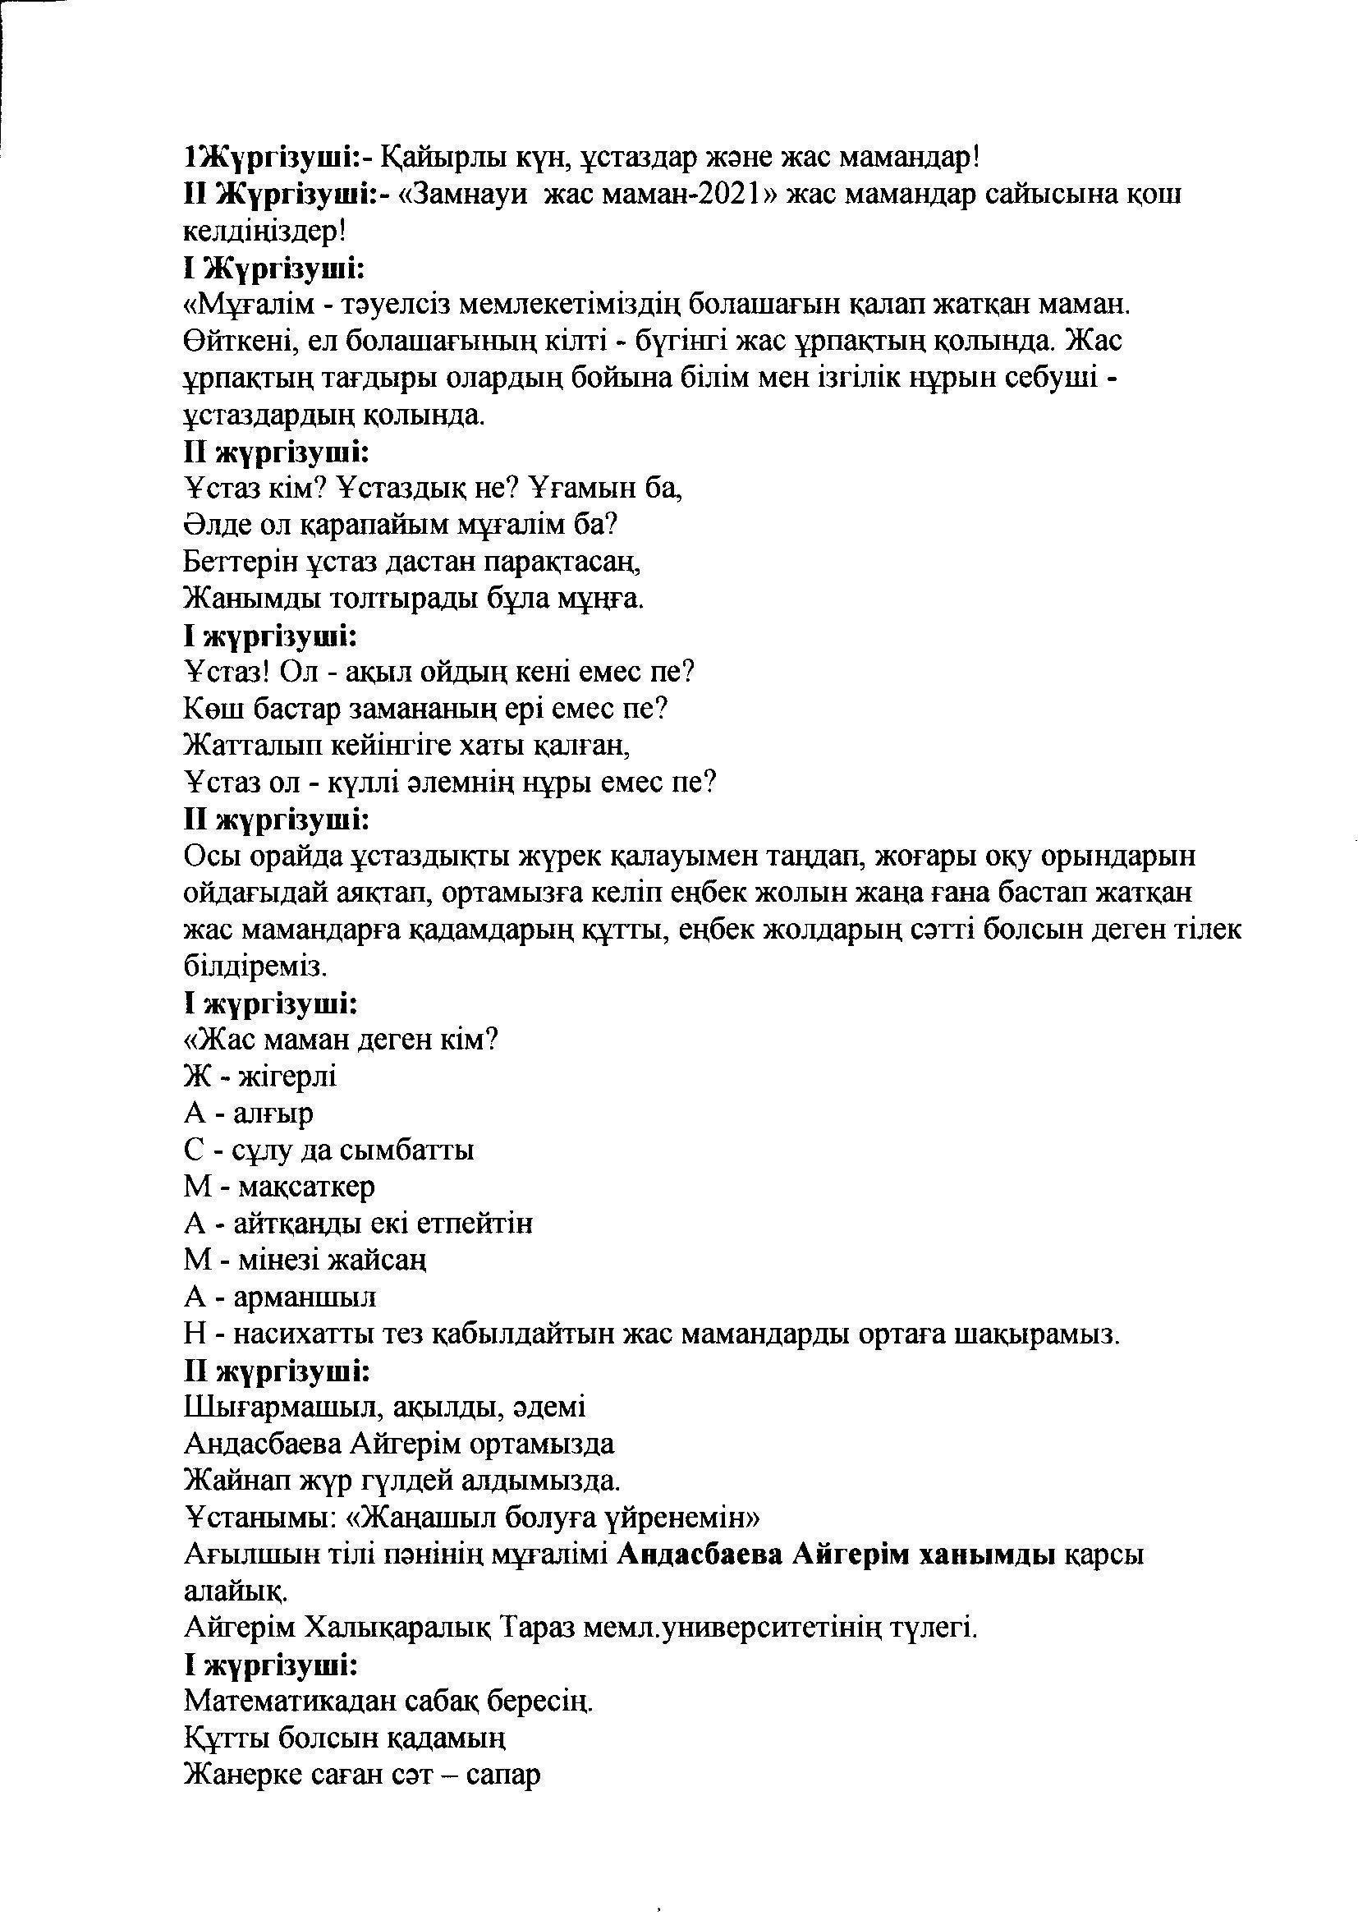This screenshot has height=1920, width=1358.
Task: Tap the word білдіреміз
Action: (253, 966)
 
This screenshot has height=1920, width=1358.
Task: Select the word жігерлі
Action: (287, 1077)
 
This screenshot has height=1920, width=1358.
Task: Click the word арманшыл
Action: (305, 1298)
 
